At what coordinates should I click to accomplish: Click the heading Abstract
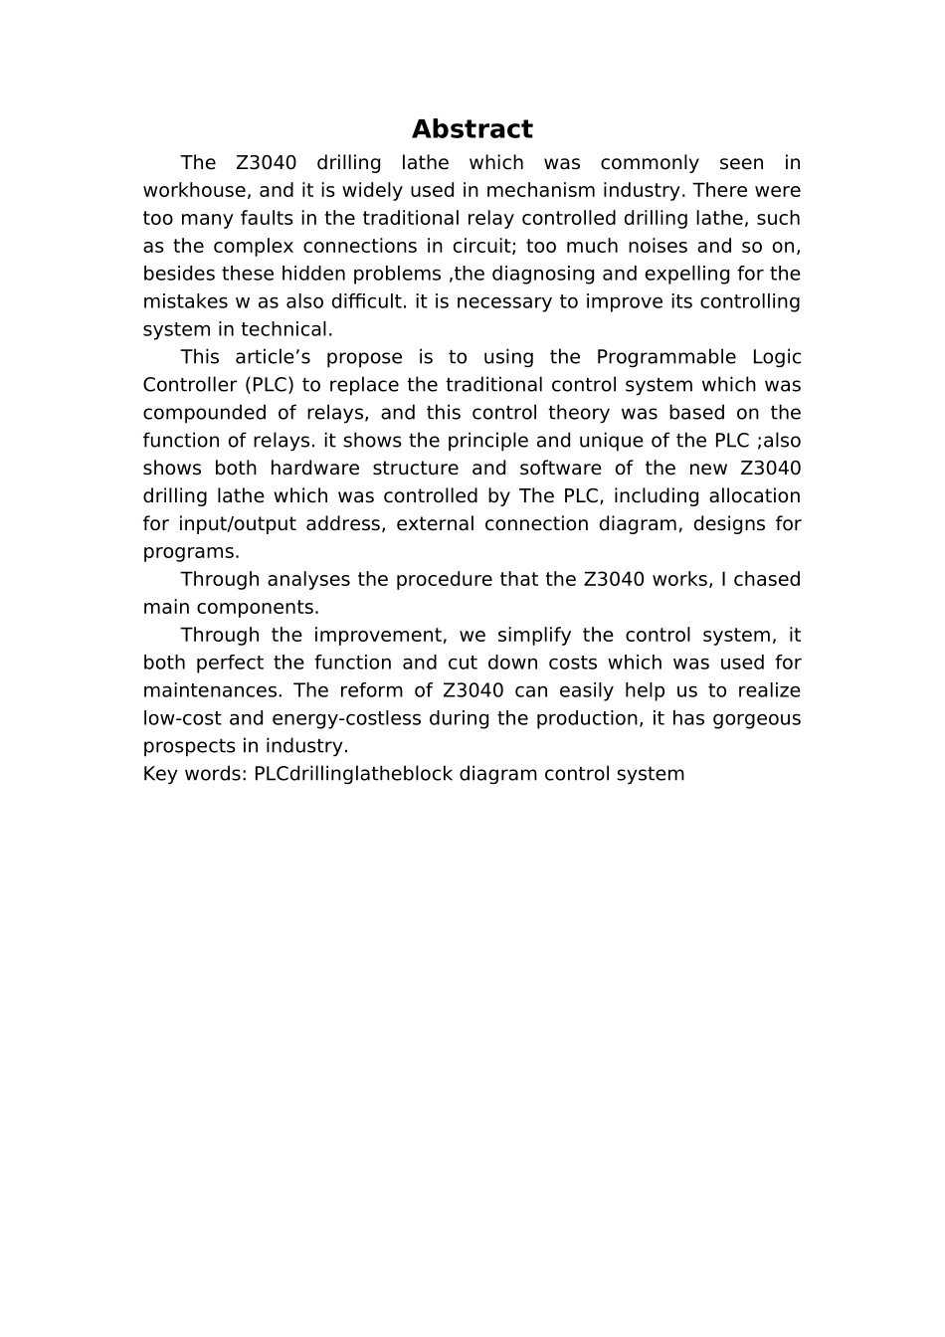[x=472, y=129]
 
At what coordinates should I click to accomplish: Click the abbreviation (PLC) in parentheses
[x=269, y=386]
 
